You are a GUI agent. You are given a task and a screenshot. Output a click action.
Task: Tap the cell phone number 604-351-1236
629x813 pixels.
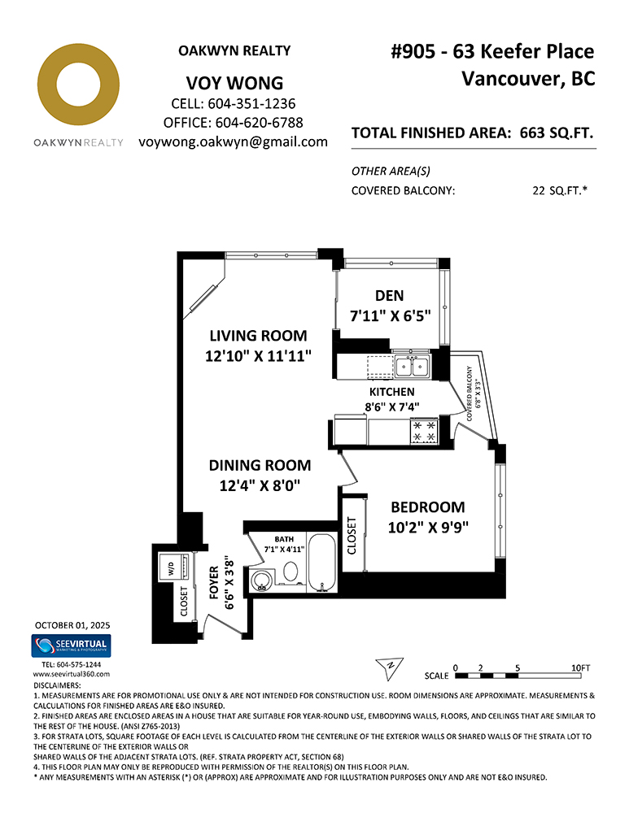[251, 104]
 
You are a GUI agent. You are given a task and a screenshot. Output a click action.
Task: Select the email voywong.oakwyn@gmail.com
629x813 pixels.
[233, 142]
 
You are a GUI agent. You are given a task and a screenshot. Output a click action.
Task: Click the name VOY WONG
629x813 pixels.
[234, 83]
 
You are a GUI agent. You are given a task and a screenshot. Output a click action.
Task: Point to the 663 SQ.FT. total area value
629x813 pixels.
[557, 133]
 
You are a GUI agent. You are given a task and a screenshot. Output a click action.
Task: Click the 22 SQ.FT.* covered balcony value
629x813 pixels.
[560, 191]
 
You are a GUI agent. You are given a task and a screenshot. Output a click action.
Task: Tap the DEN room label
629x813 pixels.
[389, 296]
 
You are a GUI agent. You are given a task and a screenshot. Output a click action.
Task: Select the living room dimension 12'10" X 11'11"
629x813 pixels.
[258, 356]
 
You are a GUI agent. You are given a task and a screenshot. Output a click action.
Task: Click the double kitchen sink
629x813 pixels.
[412, 367]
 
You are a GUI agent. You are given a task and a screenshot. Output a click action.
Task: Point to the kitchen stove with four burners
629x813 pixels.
[424, 432]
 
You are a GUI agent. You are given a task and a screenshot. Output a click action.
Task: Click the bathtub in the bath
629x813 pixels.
[321, 562]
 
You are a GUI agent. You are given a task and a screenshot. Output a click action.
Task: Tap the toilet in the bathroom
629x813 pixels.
[290, 572]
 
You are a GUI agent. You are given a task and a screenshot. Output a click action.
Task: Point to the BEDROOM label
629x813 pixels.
[428, 507]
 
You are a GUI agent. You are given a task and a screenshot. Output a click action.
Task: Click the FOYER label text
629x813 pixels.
[214, 583]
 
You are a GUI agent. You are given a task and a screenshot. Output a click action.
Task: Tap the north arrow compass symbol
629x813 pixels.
[389, 668]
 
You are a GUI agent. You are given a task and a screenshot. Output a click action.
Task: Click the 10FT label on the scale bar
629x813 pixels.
[581, 667]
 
